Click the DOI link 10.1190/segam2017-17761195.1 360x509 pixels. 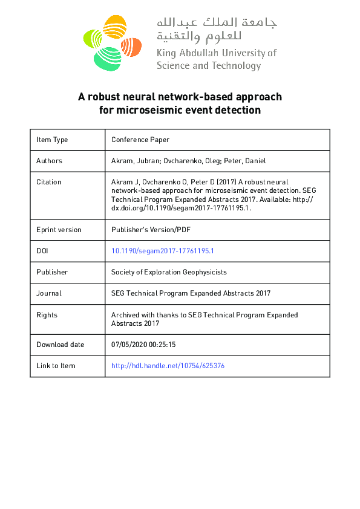pyautogui.click(x=163, y=251)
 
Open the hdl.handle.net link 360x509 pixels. pyautogui.click(x=168, y=366)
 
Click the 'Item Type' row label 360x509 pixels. pyautogui.click(x=52, y=140)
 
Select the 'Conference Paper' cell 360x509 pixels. pyautogui.click(x=140, y=140)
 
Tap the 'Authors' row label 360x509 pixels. pyautogui.click(x=49, y=161)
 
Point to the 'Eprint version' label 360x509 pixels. pyautogui.click(x=59, y=230)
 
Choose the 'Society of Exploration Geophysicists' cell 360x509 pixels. pyautogui.click(x=169, y=272)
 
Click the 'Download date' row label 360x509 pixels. pyautogui.click(x=60, y=345)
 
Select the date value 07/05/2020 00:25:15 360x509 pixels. pyautogui.click(x=143, y=345)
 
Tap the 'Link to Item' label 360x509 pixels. pyautogui.click(x=56, y=366)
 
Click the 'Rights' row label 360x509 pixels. pyautogui.click(x=47, y=315)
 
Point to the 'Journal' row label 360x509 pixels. pyautogui.click(x=48, y=293)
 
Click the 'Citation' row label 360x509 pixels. pyautogui.click(x=48, y=182)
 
